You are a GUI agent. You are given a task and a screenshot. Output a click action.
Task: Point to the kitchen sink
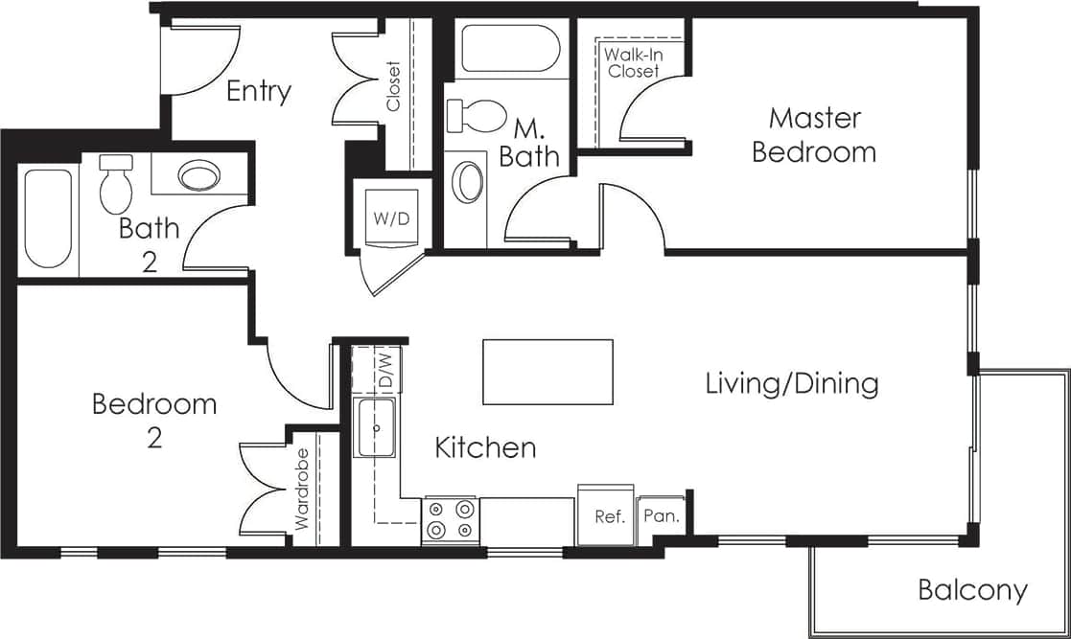[376, 427]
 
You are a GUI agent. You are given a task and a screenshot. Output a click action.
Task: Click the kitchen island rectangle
[547, 372]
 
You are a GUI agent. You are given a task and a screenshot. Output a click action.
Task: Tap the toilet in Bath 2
[115, 184]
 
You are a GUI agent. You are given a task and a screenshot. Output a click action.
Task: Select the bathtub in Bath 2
[49, 219]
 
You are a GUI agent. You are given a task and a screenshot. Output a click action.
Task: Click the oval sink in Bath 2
[199, 176]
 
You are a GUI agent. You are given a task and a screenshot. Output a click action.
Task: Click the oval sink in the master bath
[468, 182]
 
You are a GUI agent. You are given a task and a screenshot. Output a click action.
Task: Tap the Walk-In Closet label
[632, 62]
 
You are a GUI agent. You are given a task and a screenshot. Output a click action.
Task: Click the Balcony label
[972, 590]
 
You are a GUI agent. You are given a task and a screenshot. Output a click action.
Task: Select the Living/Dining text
[792, 384]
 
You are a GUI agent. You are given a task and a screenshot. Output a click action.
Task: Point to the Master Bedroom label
[814, 135]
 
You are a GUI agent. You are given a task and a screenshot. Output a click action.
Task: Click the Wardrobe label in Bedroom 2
[302, 490]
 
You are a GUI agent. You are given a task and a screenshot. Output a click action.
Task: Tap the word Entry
[259, 91]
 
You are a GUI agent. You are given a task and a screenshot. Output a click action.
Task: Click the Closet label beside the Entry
[394, 86]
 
